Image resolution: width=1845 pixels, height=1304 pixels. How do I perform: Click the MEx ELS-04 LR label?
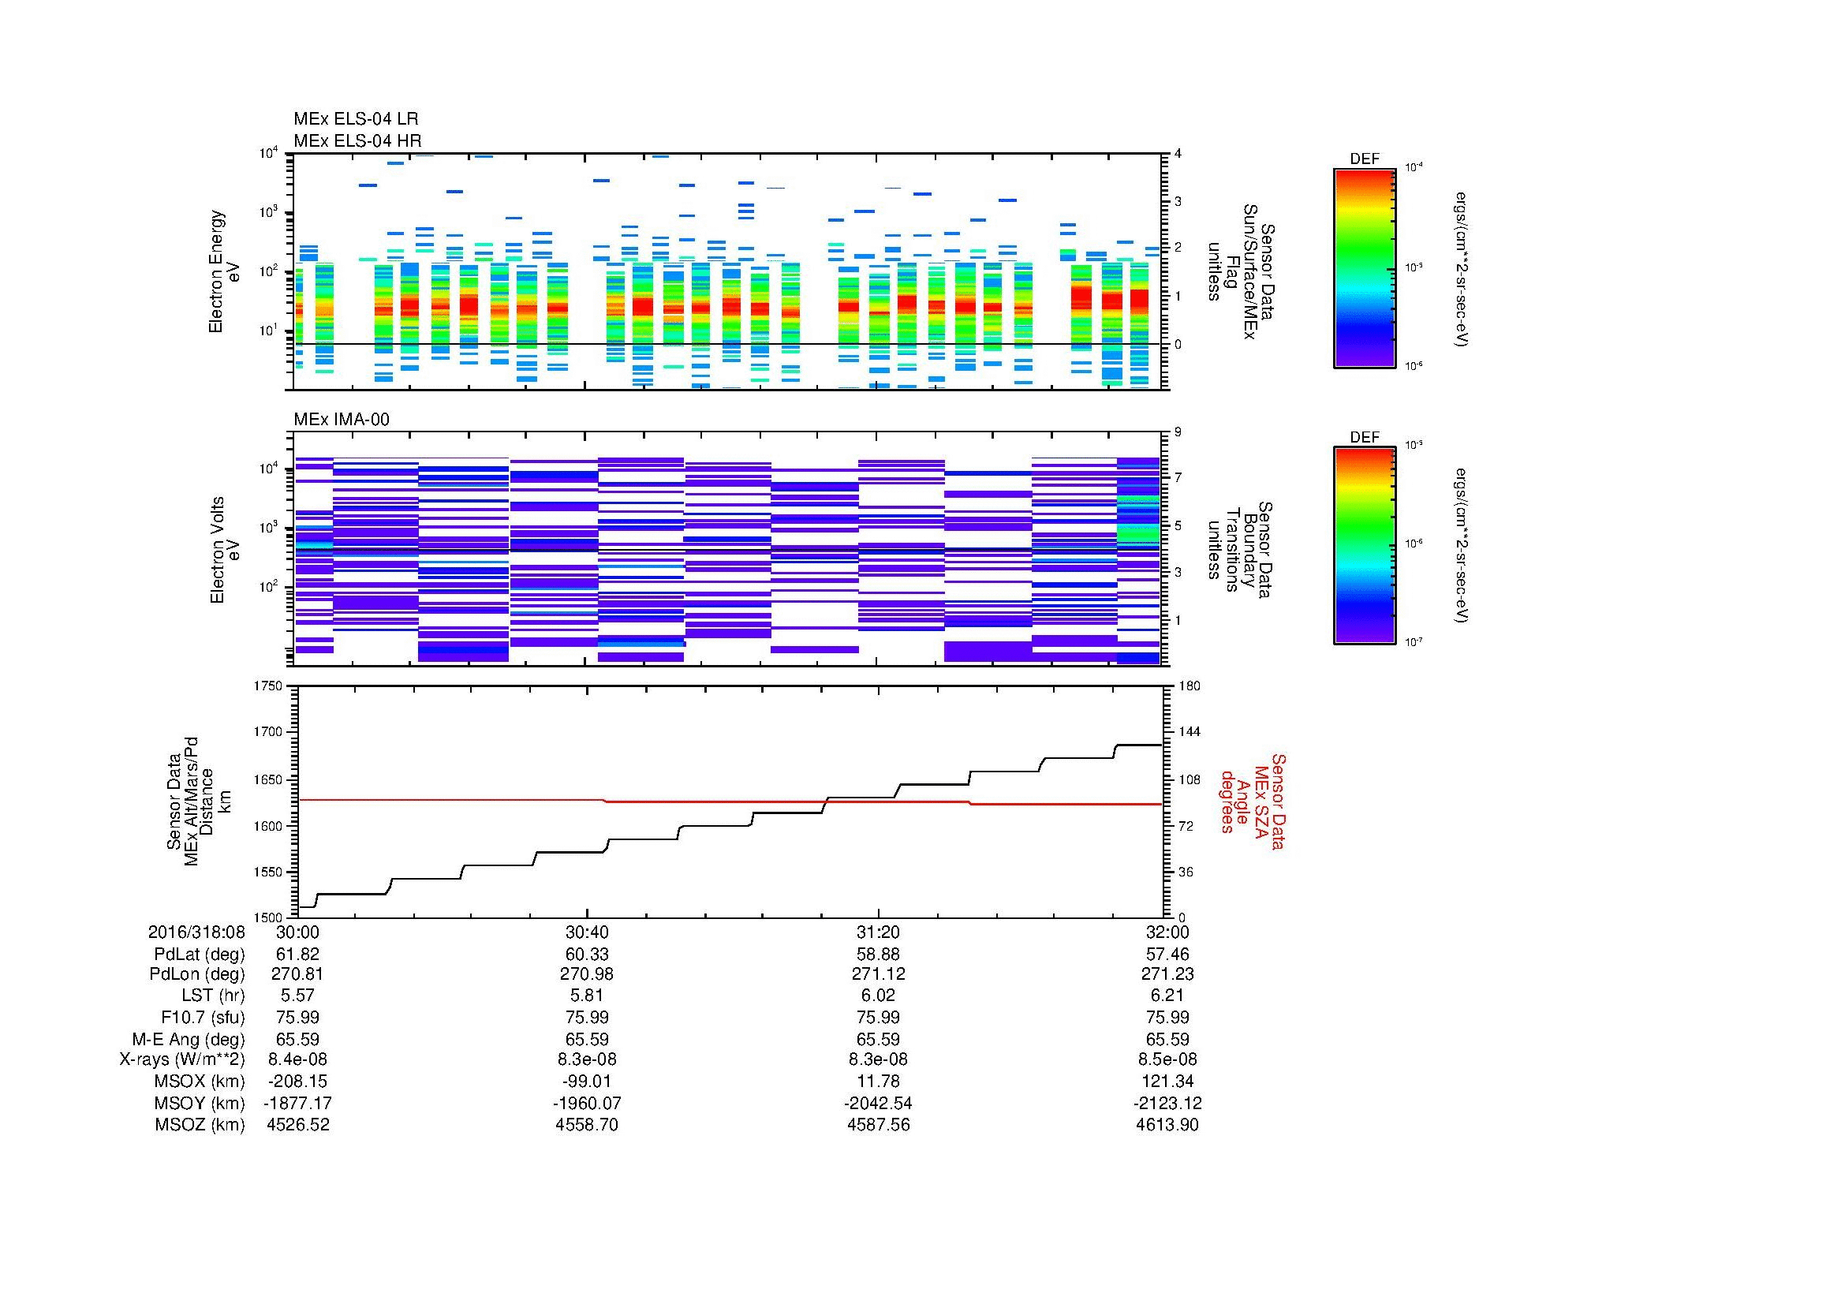[x=355, y=119]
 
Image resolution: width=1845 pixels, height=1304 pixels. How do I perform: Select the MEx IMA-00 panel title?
[x=342, y=420]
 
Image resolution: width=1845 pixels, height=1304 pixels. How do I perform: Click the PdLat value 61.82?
[x=298, y=954]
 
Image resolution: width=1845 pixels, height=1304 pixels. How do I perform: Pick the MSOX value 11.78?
[x=878, y=1082]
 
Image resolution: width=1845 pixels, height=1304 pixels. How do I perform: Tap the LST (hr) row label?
[x=213, y=996]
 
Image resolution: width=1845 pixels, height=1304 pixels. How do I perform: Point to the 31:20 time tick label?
[x=878, y=932]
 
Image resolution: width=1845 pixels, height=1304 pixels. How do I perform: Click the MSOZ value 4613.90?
[x=1167, y=1125]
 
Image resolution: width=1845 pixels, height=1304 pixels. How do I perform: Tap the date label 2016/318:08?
[x=196, y=932]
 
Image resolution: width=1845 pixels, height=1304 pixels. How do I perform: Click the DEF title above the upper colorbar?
[x=1365, y=159]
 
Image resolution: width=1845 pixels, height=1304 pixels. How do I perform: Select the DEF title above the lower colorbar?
[x=1365, y=437]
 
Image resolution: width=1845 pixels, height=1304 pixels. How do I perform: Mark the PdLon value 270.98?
[x=588, y=974]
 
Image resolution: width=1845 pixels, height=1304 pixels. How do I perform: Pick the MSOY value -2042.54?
[x=878, y=1103]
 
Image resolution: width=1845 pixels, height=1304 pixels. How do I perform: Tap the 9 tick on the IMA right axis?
[x=1178, y=432]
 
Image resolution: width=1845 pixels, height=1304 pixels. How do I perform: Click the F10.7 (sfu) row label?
[x=203, y=1017]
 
